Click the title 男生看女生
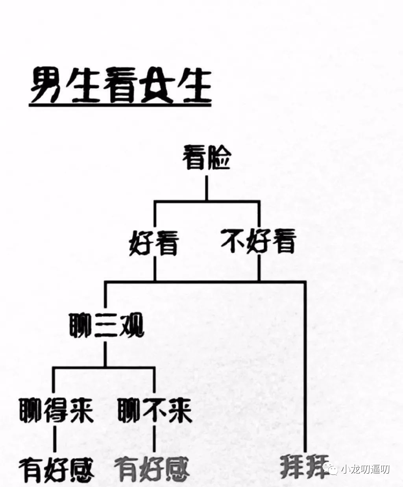pos(121,85)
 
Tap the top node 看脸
pos(207,157)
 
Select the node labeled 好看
pos(154,243)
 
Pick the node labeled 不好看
pos(259,241)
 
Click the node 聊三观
pos(107,325)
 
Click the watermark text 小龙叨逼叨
pos(365,463)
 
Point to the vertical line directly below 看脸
pos(207,188)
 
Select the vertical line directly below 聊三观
pos(105,354)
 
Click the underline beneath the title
pos(120,106)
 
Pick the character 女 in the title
pos(158,85)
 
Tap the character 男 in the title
pos(47,85)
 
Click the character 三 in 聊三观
pos(106,325)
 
